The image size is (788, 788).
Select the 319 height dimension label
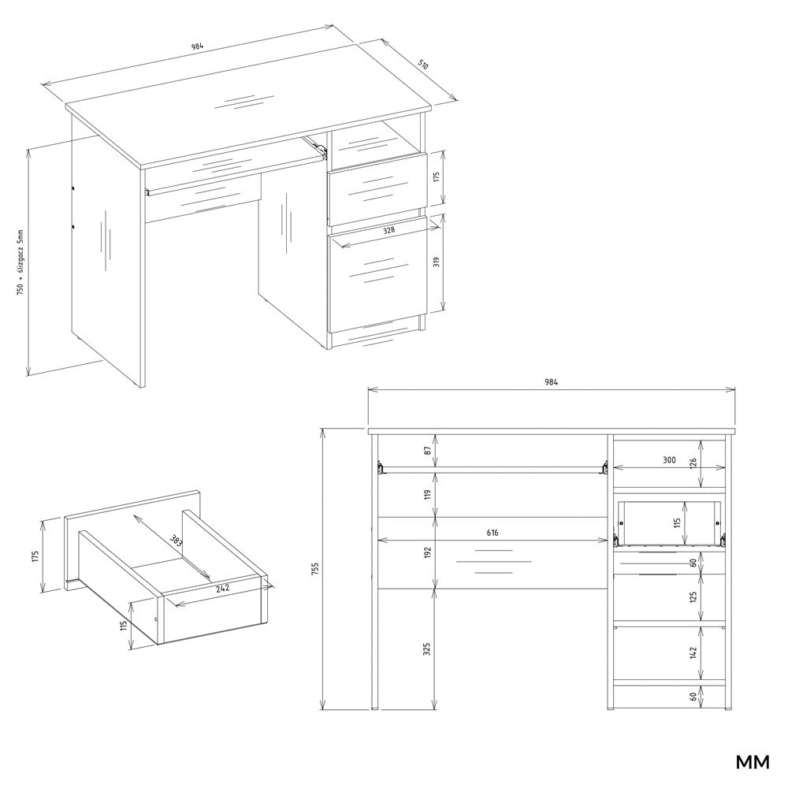coord(437,262)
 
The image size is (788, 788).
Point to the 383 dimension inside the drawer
coord(176,541)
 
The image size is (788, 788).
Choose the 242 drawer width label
coord(223,588)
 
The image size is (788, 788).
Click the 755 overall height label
coord(315,568)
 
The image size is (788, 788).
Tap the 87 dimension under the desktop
coord(428,450)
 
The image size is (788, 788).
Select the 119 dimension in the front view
coord(428,495)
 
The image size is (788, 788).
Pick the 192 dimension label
coord(428,552)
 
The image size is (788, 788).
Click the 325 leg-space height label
coord(428,649)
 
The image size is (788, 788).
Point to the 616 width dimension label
coord(492,533)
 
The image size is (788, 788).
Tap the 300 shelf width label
coord(669,460)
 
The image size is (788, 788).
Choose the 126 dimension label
coord(693,462)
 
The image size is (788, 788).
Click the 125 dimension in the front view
coord(693,597)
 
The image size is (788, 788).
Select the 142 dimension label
coord(693,652)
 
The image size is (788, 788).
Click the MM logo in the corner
coord(753,762)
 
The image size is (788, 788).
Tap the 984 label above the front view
coord(551,382)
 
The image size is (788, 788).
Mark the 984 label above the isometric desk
coord(196,46)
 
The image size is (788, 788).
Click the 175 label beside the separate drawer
coord(35,556)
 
